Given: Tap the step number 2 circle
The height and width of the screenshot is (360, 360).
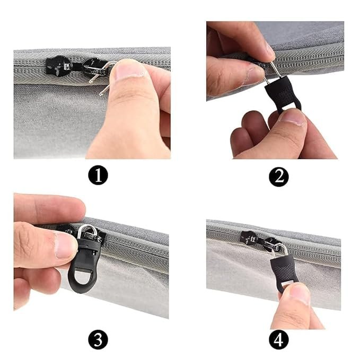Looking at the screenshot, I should pyautogui.click(x=278, y=176).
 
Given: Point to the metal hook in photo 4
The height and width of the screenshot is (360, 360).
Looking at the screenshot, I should pyautogui.click(x=281, y=248).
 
